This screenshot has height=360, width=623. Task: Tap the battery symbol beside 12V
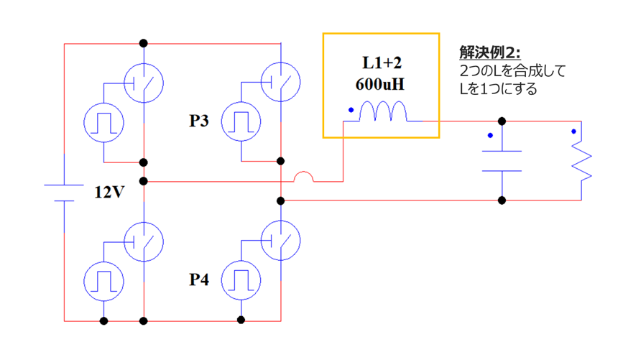pyautogui.click(x=65, y=192)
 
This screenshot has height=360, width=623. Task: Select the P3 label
pyautogui.click(x=198, y=121)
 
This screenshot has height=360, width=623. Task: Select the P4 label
pyautogui.click(x=198, y=279)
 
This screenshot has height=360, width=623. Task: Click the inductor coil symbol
pyautogui.click(x=382, y=112)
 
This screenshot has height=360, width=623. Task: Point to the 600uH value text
pyautogui.click(x=379, y=84)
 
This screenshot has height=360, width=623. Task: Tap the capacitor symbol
pyautogui.click(x=502, y=161)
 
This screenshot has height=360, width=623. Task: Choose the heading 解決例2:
pyautogui.click(x=489, y=53)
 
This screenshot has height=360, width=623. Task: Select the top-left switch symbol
pyautogui.click(x=144, y=82)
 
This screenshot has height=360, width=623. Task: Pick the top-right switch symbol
pyautogui.click(x=280, y=82)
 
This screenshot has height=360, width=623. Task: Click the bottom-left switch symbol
pyautogui.click(x=144, y=241)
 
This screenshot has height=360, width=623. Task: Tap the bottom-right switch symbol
pyautogui.click(x=280, y=241)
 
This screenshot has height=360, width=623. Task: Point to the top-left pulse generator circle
pyautogui.click(x=104, y=121)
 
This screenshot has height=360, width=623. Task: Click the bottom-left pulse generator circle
pyautogui.click(x=104, y=280)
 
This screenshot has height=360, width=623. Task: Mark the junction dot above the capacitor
pyautogui.click(x=502, y=121)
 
